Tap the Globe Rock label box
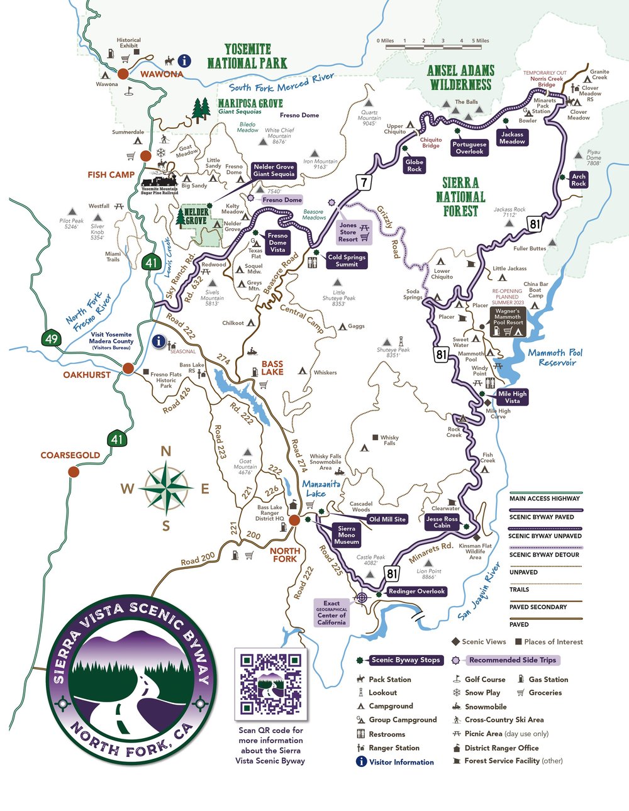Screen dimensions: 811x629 click(414, 165)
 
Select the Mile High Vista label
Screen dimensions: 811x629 click(512, 397)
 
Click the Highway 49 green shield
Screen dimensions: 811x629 click(51, 339)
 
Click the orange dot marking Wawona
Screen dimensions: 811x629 click(123, 74)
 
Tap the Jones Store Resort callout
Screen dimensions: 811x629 click(348, 232)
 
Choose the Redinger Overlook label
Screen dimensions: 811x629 click(416, 591)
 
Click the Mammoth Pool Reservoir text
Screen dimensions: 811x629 click(555, 357)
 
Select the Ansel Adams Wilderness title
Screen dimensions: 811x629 click(460, 77)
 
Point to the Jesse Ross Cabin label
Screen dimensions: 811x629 click(442, 522)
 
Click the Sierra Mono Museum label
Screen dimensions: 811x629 click(346, 535)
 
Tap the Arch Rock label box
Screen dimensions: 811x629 click(579, 180)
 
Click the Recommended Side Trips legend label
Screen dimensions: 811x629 click(512, 660)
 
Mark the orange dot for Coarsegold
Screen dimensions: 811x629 click(74, 472)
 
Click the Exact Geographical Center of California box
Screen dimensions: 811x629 click(331, 613)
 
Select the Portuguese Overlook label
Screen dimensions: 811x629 click(469, 148)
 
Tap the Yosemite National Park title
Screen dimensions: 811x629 click(247, 56)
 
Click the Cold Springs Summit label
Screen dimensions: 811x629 click(347, 260)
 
